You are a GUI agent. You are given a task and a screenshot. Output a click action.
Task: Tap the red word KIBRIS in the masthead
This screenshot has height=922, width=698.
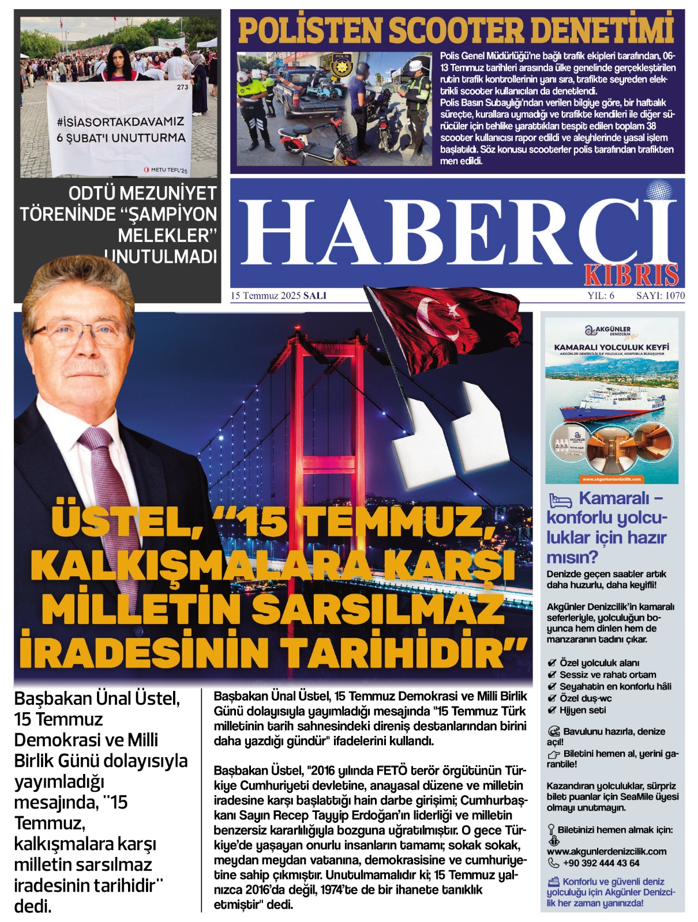click(x=631, y=275)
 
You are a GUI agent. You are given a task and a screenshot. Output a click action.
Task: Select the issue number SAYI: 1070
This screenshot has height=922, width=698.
click(x=660, y=296)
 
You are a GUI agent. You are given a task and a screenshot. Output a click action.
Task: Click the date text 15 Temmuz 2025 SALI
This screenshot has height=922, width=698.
click(x=279, y=296)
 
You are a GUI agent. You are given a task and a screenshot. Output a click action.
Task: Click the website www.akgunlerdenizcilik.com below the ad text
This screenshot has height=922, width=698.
click(x=606, y=851)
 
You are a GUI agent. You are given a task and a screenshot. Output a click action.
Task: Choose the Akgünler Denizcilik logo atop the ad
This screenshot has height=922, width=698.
click(x=611, y=331)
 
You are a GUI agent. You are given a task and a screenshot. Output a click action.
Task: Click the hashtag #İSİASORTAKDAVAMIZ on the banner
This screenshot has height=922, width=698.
click(x=120, y=122)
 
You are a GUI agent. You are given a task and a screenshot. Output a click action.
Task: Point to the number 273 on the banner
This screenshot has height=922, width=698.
click(x=182, y=88)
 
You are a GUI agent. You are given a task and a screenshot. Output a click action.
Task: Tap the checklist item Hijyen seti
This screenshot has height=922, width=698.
click(x=582, y=710)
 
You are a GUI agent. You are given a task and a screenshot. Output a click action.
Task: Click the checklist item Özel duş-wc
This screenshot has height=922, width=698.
click(x=586, y=698)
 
